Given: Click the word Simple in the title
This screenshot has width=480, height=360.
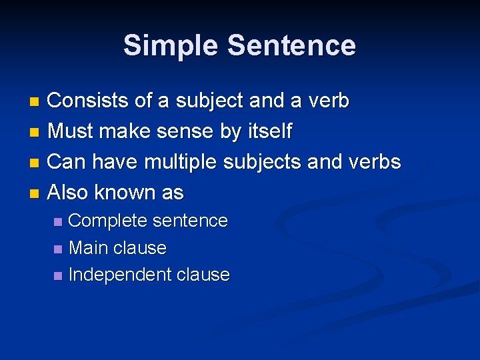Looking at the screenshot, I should pos(171,46).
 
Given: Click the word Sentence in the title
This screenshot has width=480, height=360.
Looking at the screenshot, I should pos(291,46).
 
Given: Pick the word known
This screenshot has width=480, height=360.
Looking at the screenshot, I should pos(125,193).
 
